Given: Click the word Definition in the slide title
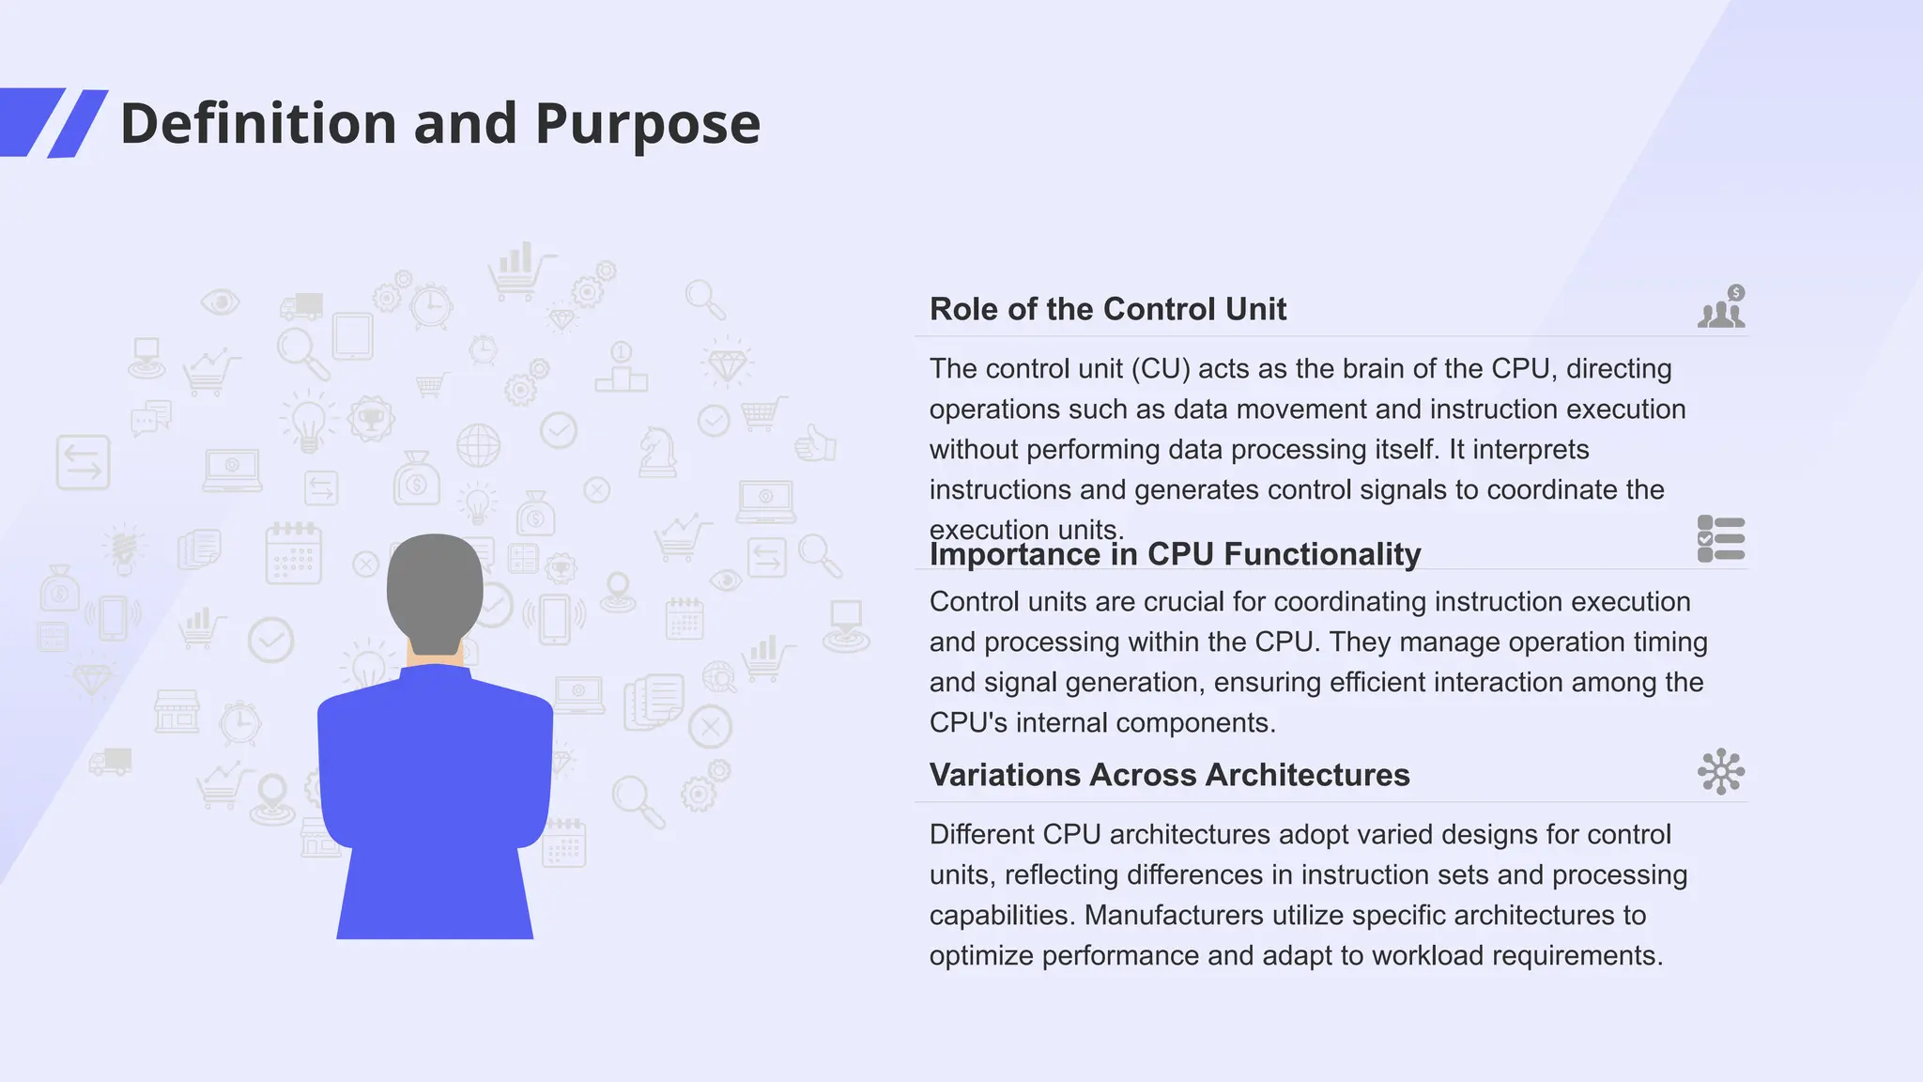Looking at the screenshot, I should [x=258, y=124].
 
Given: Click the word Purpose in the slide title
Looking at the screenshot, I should [x=647, y=124].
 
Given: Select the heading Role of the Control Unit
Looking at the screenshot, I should [x=1107, y=309].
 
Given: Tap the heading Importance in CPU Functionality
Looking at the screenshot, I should [x=1175, y=554].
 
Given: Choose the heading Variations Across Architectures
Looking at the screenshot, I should [x=1169, y=775].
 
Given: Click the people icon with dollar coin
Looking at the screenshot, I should [x=1721, y=307].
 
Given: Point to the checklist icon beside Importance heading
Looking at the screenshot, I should [x=1721, y=539].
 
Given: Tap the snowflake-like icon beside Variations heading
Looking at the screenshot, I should [x=1721, y=772].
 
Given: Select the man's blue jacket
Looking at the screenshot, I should [x=435, y=770].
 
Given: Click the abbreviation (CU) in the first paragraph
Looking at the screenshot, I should [x=1160, y=368].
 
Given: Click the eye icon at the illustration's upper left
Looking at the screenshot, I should [x=221, y=301].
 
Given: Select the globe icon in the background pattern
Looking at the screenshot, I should [x=478, y=445].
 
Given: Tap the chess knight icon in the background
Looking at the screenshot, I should [x=657, y=452].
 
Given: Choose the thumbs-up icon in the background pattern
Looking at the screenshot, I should [x=815, y=442].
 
